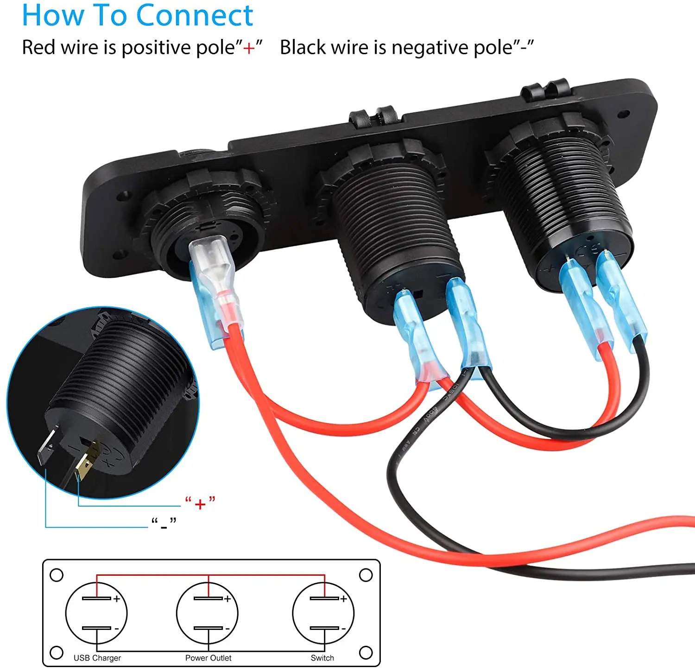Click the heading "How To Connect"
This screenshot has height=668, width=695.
(137, 16)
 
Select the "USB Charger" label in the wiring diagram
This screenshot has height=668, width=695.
(97, 658)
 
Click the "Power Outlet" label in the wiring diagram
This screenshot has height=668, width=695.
(208, 658)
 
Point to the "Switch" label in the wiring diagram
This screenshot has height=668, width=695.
(322, 658)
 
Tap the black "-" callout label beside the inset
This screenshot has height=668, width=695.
(164, 524)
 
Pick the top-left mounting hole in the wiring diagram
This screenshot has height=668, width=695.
(57, 575)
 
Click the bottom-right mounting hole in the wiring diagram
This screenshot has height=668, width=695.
(366, 653)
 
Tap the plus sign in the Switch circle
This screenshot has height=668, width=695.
(343, 599)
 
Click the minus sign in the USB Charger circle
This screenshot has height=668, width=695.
(117, 629)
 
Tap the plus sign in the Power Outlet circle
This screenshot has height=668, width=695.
(227, 599)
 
